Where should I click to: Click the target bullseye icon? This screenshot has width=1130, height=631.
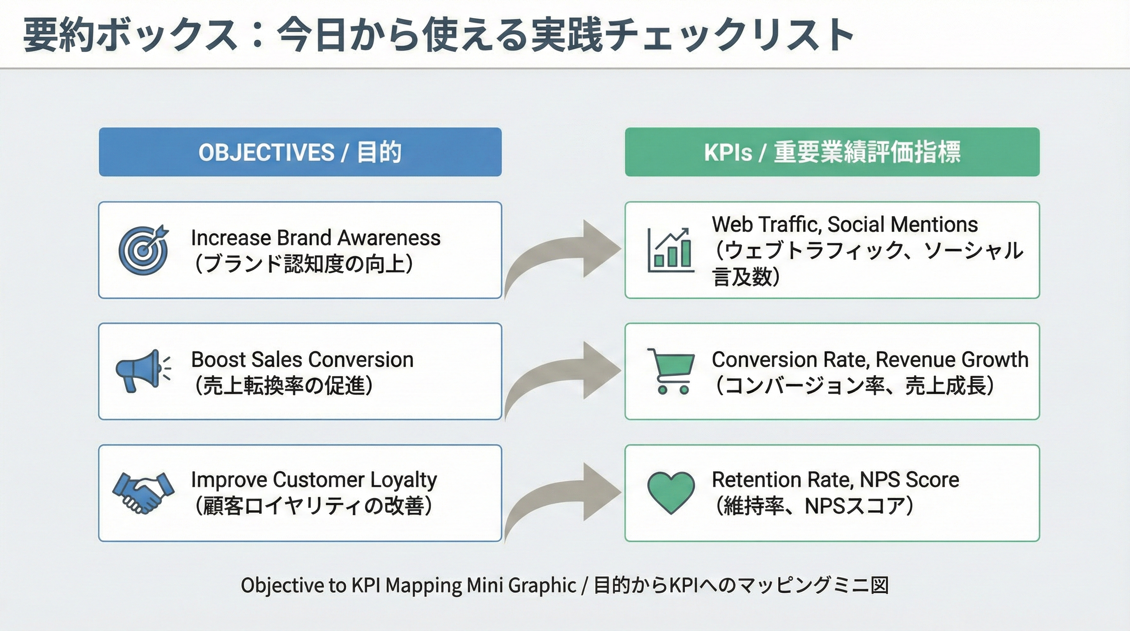tap(143, 250)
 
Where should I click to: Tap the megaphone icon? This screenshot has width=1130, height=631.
tap(142, 371)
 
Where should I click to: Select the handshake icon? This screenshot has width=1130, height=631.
tap(143, 492)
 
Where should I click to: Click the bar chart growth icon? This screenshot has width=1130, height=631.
tap(671, 250)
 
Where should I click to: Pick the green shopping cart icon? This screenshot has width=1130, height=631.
tap(671, 371)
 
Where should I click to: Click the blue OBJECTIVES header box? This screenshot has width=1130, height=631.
tap(300, 152)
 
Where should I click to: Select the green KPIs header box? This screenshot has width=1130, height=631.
tap(832, 152)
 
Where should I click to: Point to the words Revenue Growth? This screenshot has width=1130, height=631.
tap(951, 360)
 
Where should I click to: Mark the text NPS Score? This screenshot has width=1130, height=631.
tap(909, 480)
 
